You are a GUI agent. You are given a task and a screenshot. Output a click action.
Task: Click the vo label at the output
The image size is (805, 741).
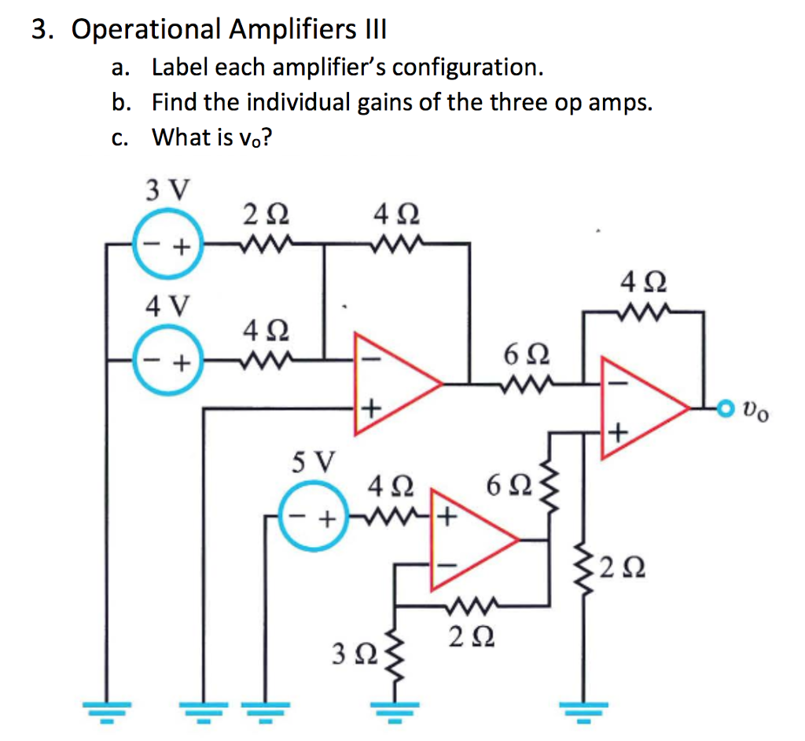pyautogui.click(x=757, y=409)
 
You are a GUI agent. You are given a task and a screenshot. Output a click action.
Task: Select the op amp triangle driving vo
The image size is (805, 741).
pyautogui.click(x=641, y=408)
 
